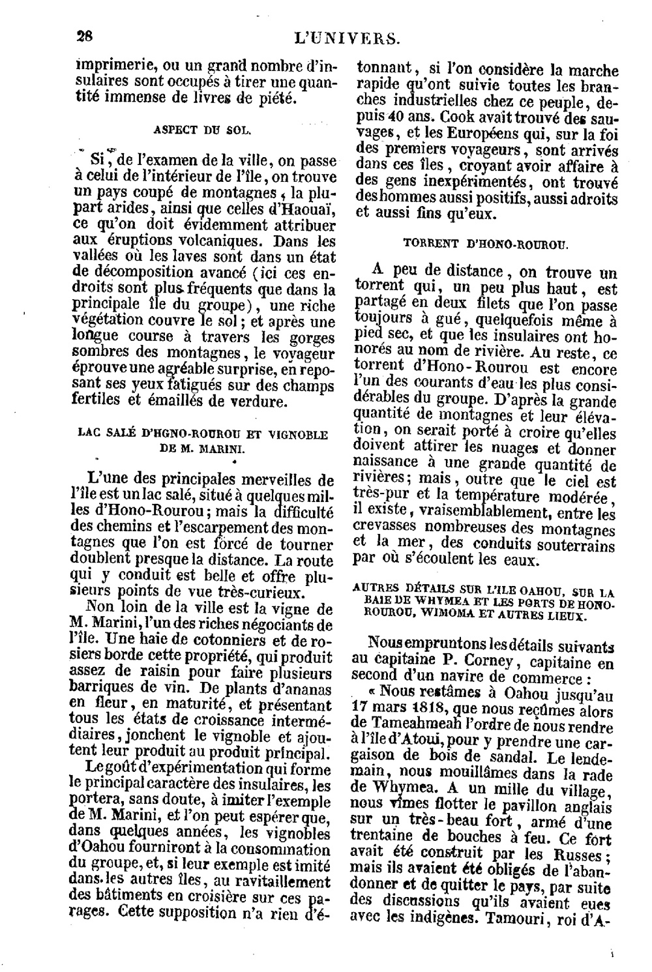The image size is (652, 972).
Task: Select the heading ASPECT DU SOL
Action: (x=201, y=130)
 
